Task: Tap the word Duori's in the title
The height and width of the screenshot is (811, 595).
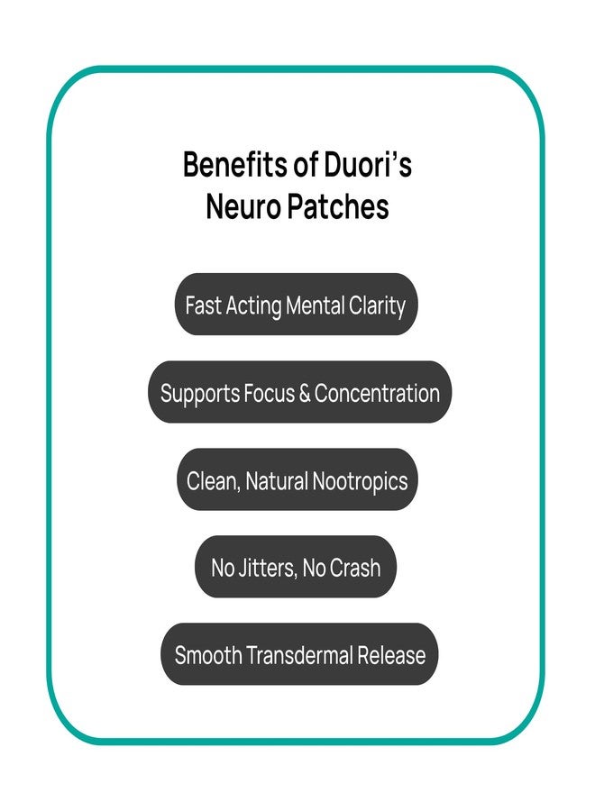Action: [368, 165]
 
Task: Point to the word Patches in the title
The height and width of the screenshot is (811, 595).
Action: [337, 206]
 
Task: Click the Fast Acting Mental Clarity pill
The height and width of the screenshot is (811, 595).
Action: [296, 305]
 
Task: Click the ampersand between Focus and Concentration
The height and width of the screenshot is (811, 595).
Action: [304, 393]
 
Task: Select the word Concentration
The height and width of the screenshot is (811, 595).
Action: [377, 393]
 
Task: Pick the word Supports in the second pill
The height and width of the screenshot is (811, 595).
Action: [200, 394]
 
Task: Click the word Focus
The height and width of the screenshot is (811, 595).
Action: [269, 393]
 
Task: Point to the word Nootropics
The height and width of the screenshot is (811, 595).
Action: [360, 481]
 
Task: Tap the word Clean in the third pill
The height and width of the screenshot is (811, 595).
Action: [214, 481]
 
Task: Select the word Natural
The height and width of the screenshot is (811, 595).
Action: [277, 480]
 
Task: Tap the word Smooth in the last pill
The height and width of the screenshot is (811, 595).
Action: [208, 655]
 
